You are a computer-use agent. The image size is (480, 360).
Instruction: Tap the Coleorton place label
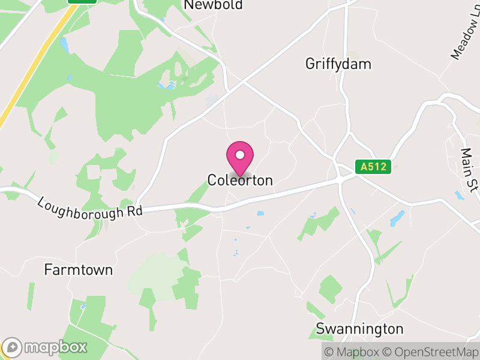pyautogui.click(x=240, y=180)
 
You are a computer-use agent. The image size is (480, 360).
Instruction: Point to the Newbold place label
pyautogui.click(x=214, y=5)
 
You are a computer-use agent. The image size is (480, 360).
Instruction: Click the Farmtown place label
pyautogui.click(x=79, y=270)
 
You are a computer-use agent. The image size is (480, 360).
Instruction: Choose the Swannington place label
pyautogui.click(x=360, y=329)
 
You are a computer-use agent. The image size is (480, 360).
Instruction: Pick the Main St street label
pyautogui.click(x=468, y=170)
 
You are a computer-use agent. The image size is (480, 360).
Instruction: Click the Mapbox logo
pyautogui.click(x=46, y=347)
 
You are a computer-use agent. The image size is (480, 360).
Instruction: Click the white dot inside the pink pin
pyautogui.click(x=239, y=155)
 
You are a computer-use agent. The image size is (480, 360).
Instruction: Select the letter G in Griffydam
pyautogui.click(x=310, y=64)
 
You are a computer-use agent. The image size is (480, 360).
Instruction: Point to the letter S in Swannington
pyautogui.click(x=320, y=329)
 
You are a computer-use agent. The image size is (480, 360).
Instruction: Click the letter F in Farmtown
pyautogui.click(x=48, y=270)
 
